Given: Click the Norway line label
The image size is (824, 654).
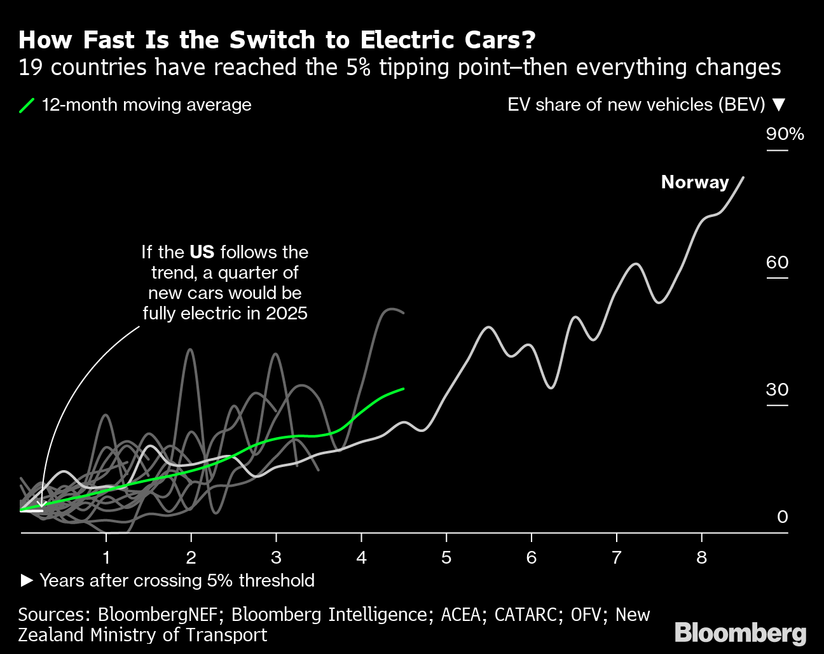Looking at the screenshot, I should click(695, 182).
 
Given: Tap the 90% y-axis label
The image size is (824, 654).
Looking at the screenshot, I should click(785, 134).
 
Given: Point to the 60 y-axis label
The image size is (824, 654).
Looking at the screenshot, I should click(777, 262).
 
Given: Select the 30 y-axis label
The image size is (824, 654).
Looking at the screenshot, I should click(777, 389).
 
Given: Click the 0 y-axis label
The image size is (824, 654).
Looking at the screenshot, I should click(783, 517).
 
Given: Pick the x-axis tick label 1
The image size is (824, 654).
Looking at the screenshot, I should click(106, 558).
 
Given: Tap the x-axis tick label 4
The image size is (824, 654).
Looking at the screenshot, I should click(361, 558).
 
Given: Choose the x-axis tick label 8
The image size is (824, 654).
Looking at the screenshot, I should click(701, 558).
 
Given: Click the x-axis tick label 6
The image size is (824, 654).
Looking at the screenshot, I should click(531, 558).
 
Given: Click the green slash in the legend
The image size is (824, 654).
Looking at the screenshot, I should click(27, 105).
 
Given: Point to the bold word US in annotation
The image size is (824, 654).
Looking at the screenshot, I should click(202, 252).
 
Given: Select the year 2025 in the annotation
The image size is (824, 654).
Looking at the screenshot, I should click(287, 313).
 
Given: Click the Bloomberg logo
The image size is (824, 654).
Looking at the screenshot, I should click(740, 633).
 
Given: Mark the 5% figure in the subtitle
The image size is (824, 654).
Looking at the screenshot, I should click(358, 67).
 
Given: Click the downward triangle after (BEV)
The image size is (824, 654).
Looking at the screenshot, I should click(779, 105).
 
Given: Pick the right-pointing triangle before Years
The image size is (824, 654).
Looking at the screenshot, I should click(27, 580).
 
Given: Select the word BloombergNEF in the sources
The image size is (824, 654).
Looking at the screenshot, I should click(159, 615).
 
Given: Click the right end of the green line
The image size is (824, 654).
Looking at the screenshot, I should click(403, 388).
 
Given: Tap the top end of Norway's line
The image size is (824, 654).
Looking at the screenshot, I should click(743, 177).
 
